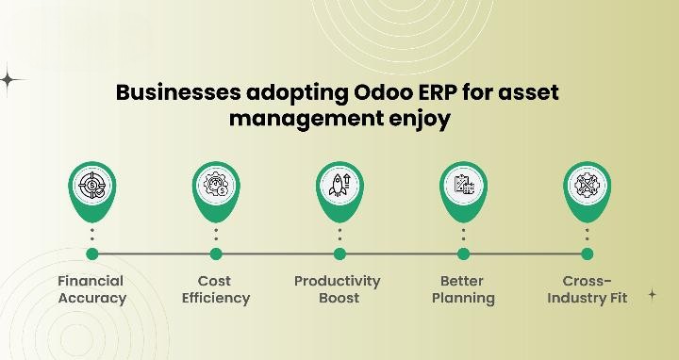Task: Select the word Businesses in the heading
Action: pos(177,94)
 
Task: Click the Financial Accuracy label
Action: pos(91,289)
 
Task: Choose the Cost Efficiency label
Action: pos(215,289)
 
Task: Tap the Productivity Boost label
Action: pos(338,289)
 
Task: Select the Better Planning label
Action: pos(462,289)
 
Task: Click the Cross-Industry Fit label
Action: pos(588,289)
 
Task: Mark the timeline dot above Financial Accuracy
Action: pos(92,254)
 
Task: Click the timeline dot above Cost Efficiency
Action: pos(216,254)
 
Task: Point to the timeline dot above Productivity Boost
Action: pos(339,254)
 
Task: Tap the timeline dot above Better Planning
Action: pos(463,254)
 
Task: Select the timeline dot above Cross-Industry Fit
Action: pos(587,254)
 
